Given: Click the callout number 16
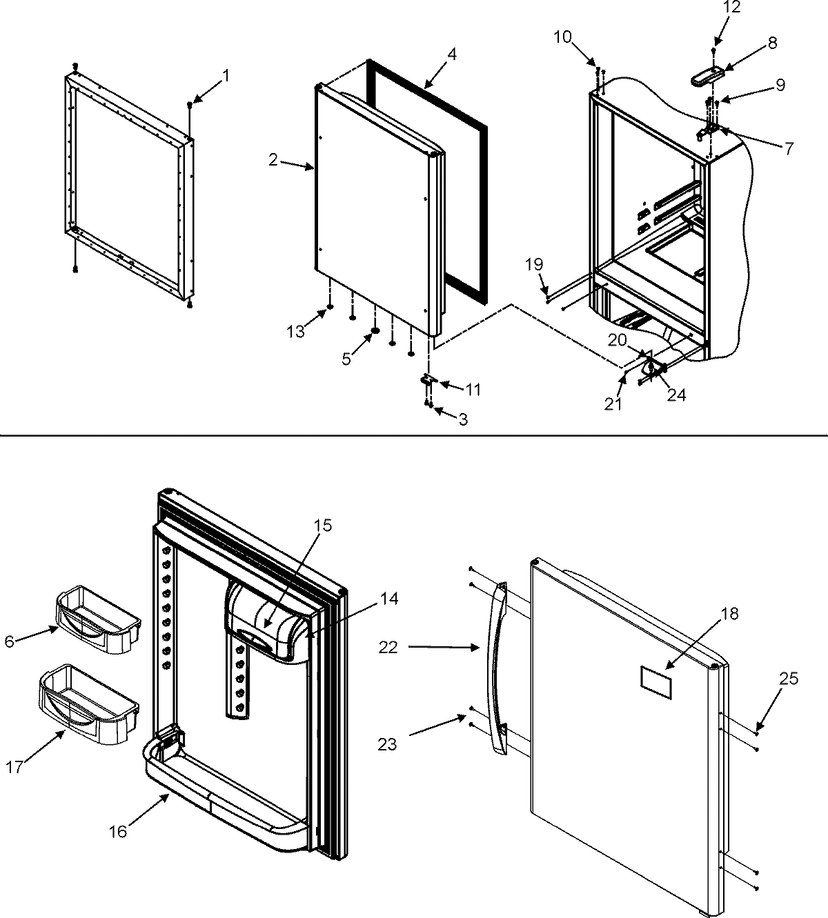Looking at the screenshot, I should (118, 831).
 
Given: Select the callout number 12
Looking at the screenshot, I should (712, 8).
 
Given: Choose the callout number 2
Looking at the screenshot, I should (273, 161).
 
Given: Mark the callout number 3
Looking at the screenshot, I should (462, 419).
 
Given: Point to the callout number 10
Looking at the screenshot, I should (562, 37).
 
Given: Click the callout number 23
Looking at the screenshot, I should (388, 744).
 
